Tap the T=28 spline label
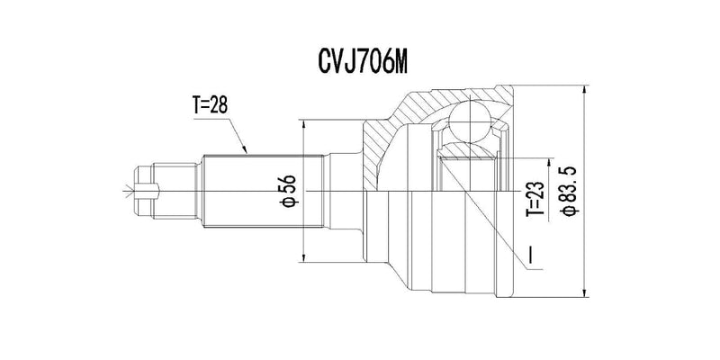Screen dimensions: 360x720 point(213,106)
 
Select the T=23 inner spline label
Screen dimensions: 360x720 point(534,200)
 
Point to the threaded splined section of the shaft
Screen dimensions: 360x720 point(261,191)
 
